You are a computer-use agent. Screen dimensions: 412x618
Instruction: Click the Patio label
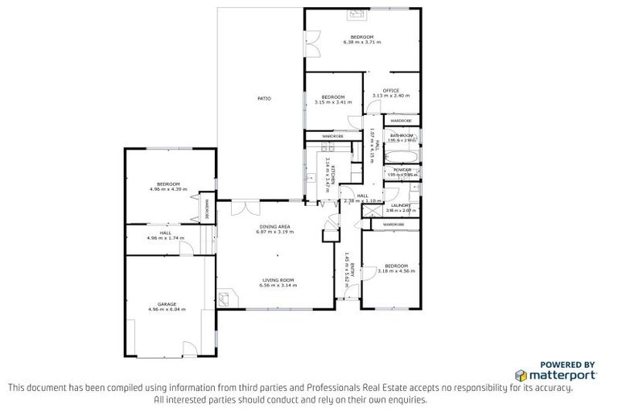(264, 98)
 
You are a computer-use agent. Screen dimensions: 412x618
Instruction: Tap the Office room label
(391, 90)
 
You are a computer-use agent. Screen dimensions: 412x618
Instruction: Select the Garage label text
(167, 304)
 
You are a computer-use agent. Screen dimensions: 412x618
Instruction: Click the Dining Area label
(275, 227)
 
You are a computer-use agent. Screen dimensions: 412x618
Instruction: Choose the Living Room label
(278, 280)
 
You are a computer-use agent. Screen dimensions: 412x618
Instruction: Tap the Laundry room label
(401, 205)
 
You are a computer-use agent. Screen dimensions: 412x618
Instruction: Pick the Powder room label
(402, 170)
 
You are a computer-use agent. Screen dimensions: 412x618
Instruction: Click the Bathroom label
(402, 135)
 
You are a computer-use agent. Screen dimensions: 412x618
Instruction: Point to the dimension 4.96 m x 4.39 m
(167, 189)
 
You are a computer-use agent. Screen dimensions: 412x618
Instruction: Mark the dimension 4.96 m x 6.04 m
(167, 309)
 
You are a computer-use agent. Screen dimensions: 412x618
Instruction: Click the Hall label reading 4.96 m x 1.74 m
(166, 235)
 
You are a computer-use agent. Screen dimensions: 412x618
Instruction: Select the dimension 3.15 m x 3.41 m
(332, 102)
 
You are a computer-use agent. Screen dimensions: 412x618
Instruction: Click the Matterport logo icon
(521, 375)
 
